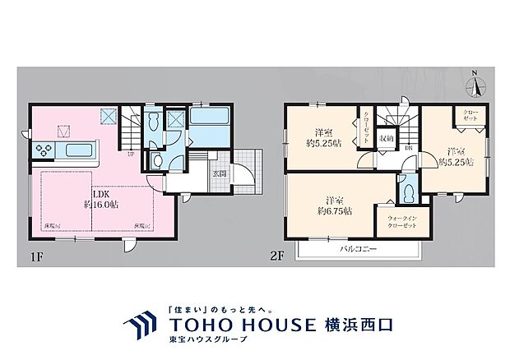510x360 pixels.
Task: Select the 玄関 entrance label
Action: click(220, 173)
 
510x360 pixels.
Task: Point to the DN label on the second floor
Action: click(408, 149)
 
